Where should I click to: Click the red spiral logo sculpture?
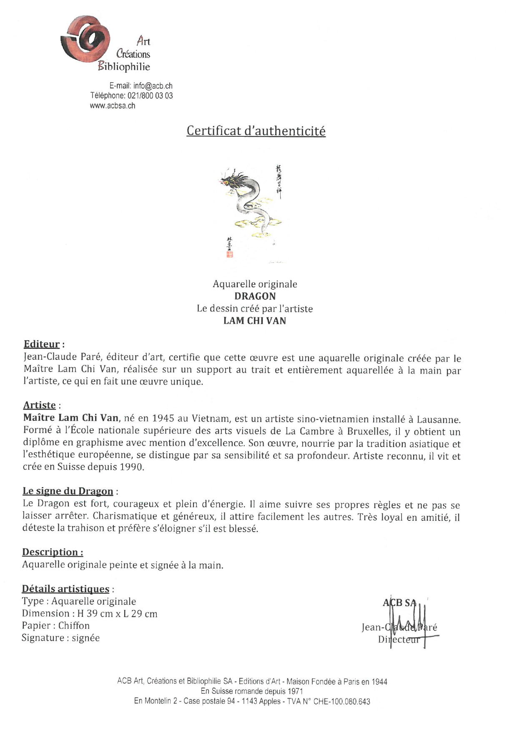85,40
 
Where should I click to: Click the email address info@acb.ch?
153,86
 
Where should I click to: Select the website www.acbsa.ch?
113,106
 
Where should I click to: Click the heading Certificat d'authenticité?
256,131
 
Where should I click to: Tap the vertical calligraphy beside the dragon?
279,181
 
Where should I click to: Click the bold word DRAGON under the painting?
255,296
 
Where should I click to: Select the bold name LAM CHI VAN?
255,321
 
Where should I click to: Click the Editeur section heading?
42,344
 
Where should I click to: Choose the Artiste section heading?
40,405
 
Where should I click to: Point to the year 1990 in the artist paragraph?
131,467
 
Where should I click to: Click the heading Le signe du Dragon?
68,491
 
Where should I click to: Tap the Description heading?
53,552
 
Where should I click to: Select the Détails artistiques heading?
65,589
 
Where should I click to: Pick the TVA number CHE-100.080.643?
341,701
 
